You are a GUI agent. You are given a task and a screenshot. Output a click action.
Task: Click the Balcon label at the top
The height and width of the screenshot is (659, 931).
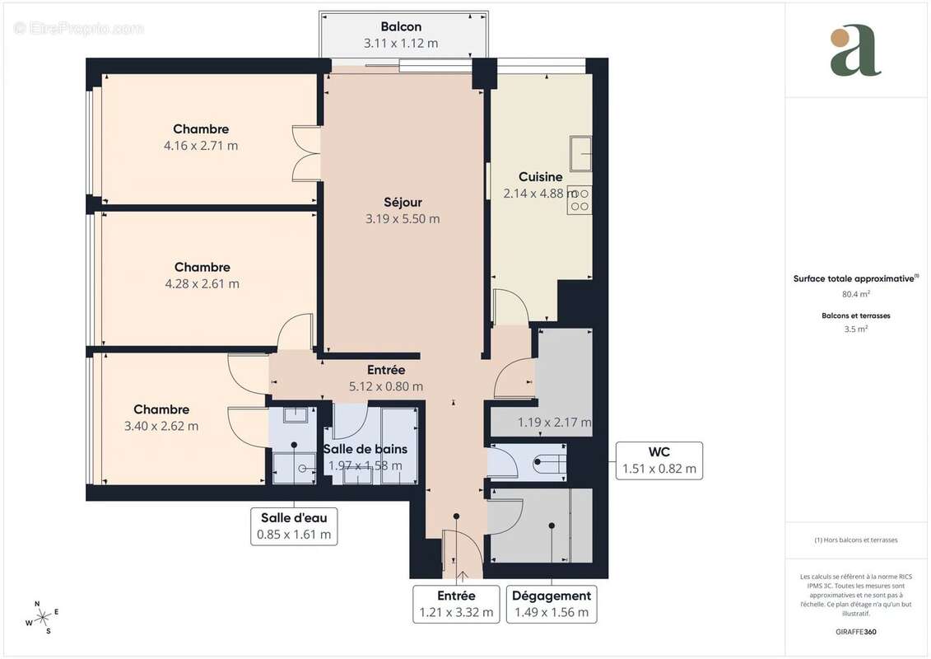pyautogui.click(x=401, y=26)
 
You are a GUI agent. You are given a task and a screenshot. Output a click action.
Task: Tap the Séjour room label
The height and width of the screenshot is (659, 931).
pyautogui.click(x=403, y=202)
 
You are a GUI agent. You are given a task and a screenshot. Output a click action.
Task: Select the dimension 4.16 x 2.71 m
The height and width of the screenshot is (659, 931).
pyautogui.click(x=201, y=146)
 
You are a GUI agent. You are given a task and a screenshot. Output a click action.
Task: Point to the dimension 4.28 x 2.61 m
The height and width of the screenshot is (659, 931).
pyautogui.click(x=202, y=283)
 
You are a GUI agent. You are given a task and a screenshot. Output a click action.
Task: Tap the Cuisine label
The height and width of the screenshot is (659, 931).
pyautogui.click(x=540, y=176)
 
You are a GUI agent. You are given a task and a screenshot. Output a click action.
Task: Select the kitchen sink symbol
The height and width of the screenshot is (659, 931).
pyautogui.click(x=580, y=153)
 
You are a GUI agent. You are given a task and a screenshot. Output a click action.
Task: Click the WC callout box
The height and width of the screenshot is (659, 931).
pyautogui.click(x=659, y=460)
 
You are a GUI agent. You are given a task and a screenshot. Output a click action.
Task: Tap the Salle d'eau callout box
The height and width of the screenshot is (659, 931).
pyautogui.click(x=293, y=526)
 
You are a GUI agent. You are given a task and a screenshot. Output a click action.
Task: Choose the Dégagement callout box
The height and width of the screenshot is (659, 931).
pyautogui.click(x=551, y=604)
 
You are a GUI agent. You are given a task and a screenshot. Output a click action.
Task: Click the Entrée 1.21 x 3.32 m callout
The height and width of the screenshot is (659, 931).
pyautogui.click(x=455, y=604)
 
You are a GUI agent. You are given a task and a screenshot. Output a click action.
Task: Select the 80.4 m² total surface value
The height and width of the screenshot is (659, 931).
pyautogui.click(x=856, y=294)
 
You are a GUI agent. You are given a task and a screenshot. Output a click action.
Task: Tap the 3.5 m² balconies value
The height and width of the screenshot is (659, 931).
pyautogui.click(x=856, y=329)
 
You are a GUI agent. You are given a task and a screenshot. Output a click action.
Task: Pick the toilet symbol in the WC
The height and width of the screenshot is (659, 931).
pyautogui.click(x=547, y=463)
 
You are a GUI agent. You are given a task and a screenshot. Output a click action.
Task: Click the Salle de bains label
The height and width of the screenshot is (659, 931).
pyautogui.click(x=365, y=449)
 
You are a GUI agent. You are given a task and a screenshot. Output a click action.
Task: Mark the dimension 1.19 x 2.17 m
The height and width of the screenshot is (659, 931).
pyautogui.click(x=554, y=423)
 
